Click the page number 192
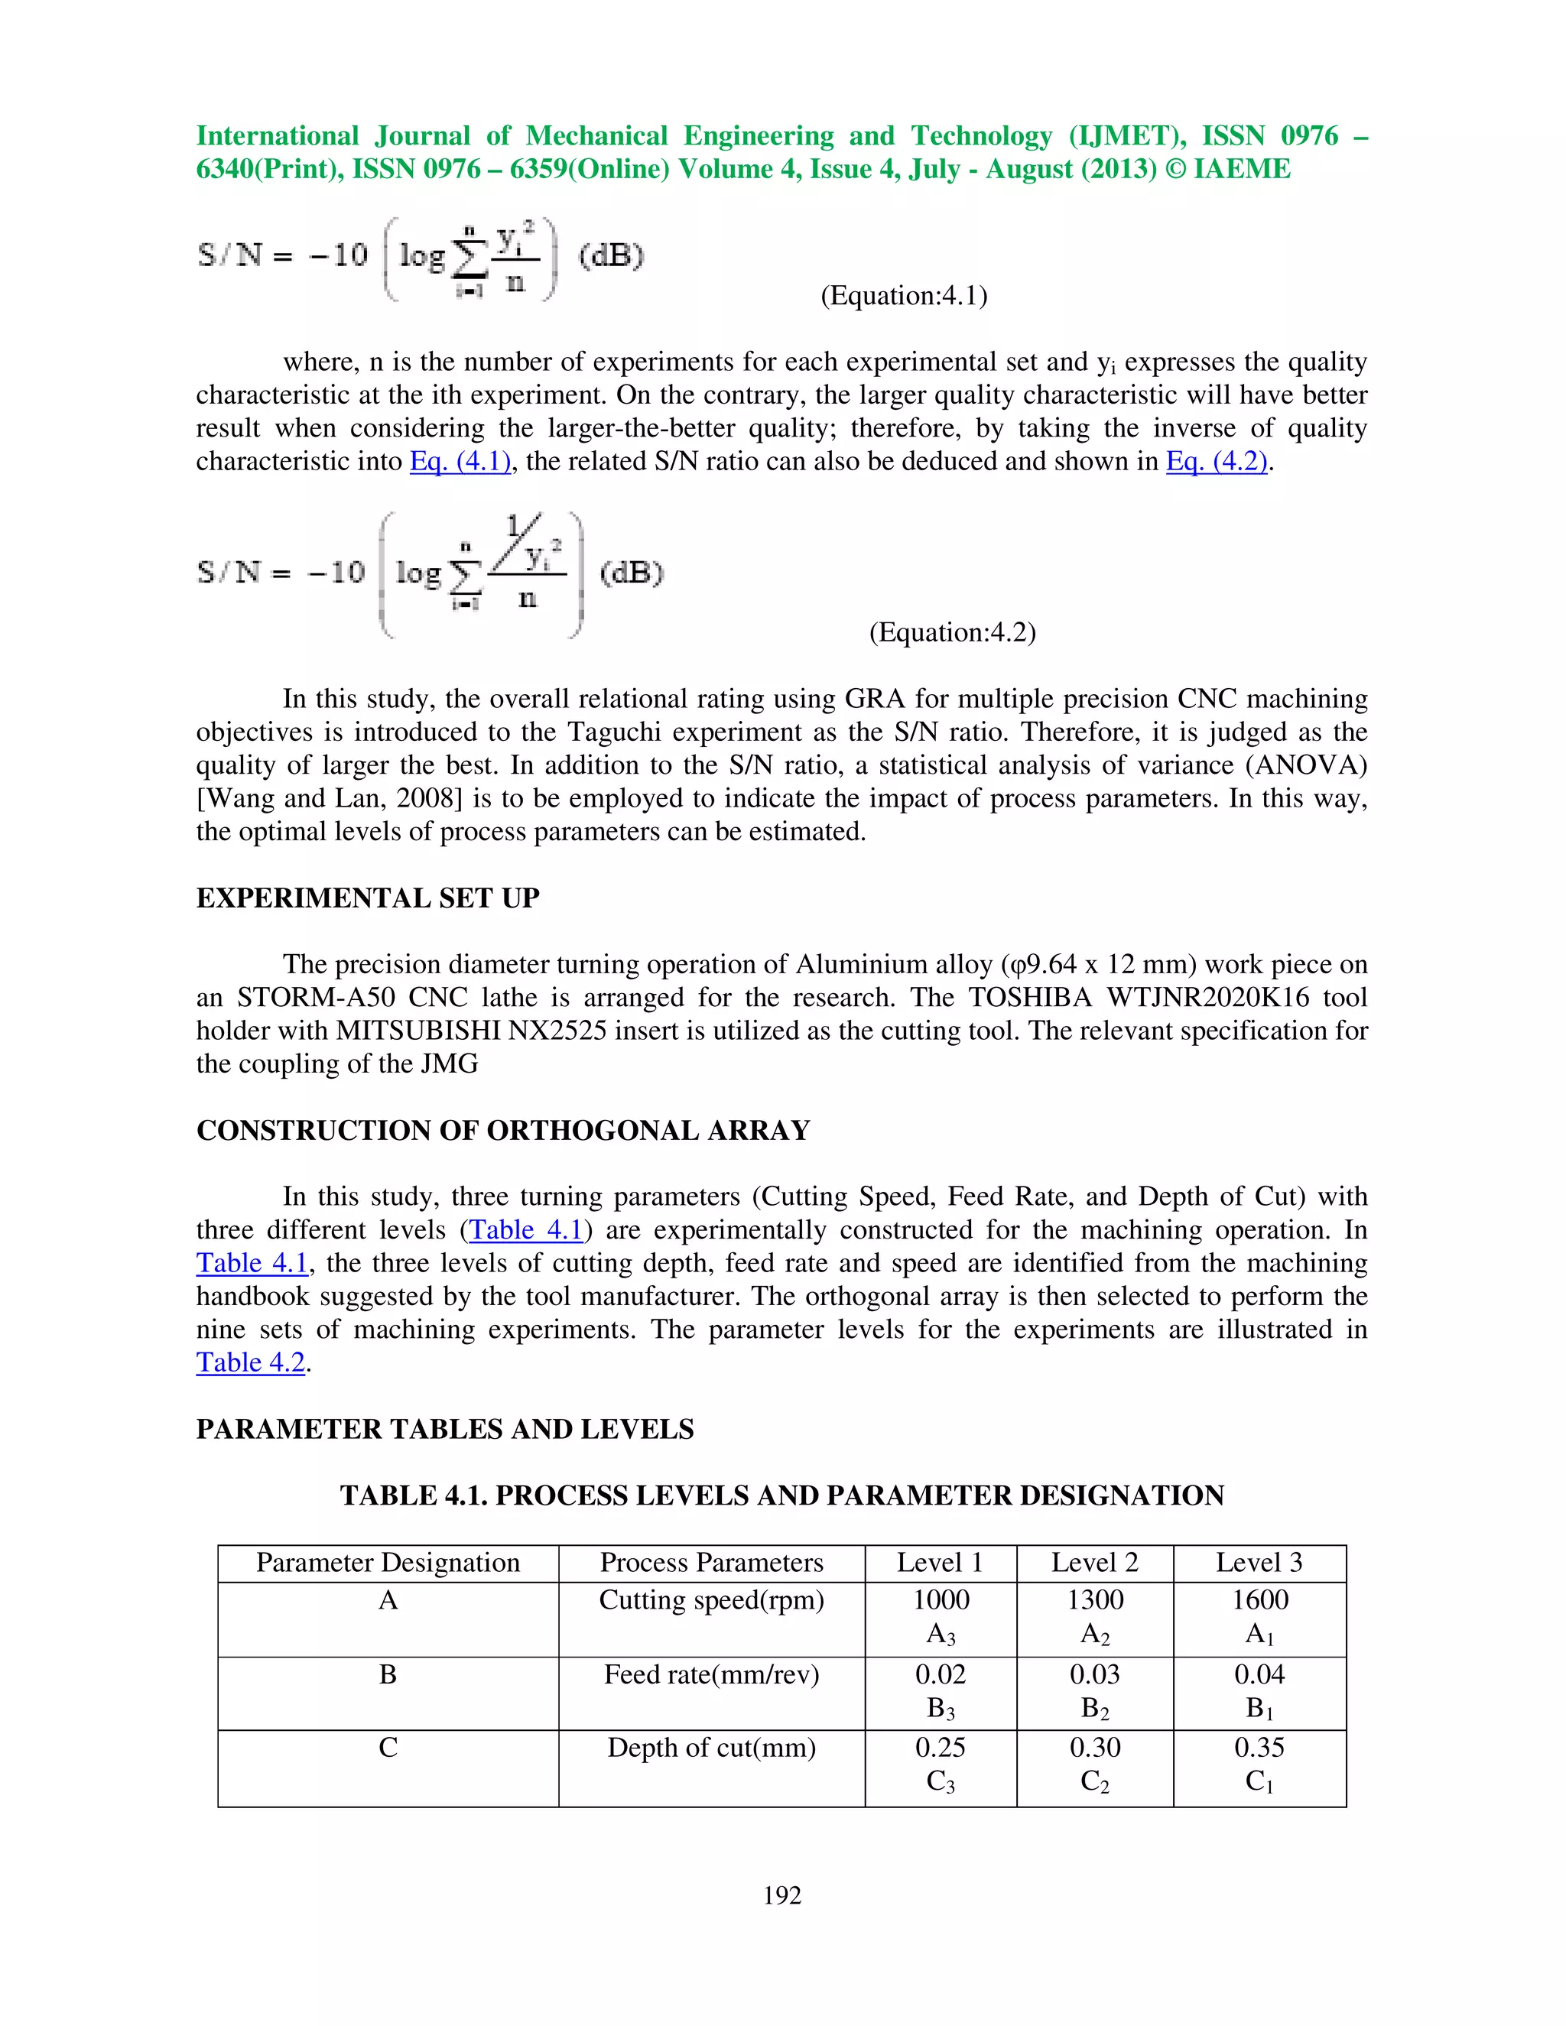[x=782, y=1895]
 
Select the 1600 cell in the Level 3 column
[x=1259, y=1599]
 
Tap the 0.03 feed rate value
[x=1095, y=1674]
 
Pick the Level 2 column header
[x=1095, y=1562]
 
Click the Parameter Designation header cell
[x=388, y=1562]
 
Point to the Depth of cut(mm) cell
[x=712, y=1747]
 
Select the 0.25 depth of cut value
[x=940, y=1747]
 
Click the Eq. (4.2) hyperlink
[x=1217, y=461]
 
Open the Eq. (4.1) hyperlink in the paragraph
[x=460, y=461]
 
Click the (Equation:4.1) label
[x=904, y=295]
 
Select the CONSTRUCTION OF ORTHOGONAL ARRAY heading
[x=503, y=1130]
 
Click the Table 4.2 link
[x=251, y=1362]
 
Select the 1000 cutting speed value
[x=941, y=1599]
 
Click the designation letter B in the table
[x=388, y=1674]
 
